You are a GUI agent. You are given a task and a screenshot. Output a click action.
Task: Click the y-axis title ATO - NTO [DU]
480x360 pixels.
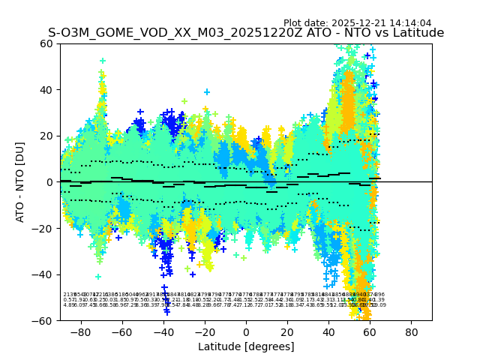(20, 181)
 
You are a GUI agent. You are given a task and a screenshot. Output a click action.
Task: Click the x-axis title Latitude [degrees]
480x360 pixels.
(246, 346)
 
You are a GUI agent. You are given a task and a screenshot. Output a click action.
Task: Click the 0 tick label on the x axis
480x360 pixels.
(246, 331)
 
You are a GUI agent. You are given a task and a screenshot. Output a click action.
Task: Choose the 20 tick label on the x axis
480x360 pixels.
(287, 331)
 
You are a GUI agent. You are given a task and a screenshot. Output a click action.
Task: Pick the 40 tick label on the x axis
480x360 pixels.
(328, 331)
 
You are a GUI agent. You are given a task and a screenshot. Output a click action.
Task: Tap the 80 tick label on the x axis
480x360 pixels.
(411, 331)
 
